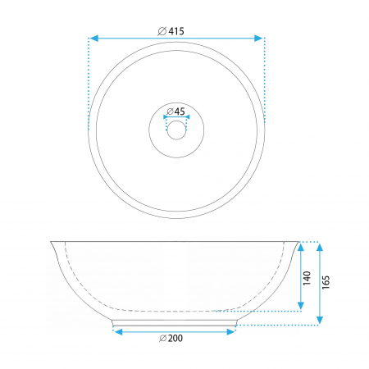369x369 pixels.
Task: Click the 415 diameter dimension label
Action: [x=171, y=31]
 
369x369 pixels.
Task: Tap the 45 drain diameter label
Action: [x=175, y=112]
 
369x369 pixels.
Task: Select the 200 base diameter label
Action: [x=171, y=338]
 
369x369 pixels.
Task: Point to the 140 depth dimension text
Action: [x=307, y=278]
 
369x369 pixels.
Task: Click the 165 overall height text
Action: [x=326, y=282]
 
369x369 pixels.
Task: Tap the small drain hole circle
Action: [x=176, y=130]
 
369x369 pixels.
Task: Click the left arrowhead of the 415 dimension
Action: [x=94, y=39]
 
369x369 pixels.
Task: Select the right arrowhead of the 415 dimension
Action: [x=258, y=39]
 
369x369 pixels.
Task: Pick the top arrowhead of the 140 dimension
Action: [x=301, y=247]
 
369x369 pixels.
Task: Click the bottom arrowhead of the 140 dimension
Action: [x=301, y=306]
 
